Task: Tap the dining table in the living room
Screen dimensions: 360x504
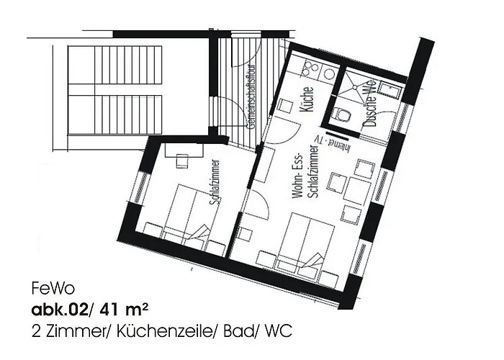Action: [x=356, y=189]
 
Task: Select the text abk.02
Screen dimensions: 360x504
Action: [x=55, y=311]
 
